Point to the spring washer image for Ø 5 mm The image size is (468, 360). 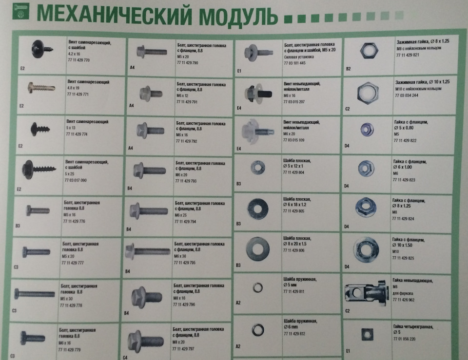coord(257,288)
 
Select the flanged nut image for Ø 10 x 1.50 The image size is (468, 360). coord(366,249)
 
